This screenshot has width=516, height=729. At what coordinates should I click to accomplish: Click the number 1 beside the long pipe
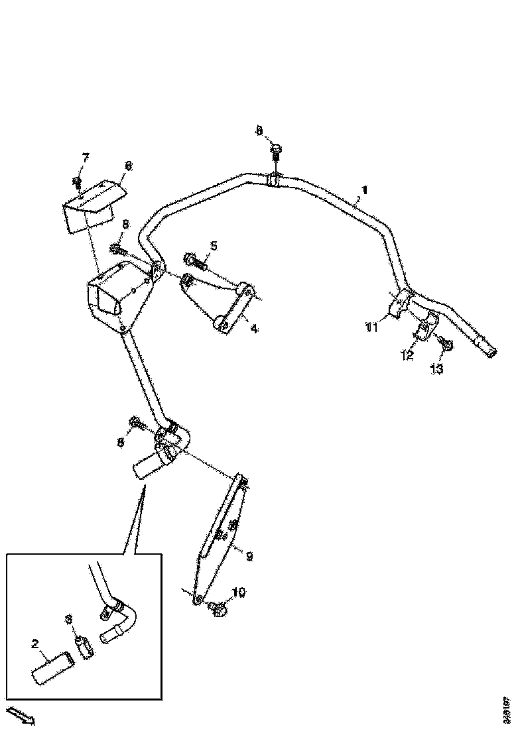362,191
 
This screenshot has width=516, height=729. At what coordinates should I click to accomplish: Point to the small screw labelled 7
78,182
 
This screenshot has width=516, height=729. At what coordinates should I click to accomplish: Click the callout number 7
85,157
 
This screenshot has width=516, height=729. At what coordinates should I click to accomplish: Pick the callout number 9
249,557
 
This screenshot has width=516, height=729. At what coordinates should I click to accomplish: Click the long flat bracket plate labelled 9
219,537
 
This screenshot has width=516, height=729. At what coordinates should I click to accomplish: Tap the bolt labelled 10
217,606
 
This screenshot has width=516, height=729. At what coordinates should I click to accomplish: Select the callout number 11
371,326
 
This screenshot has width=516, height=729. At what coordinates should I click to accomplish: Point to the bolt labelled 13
446,344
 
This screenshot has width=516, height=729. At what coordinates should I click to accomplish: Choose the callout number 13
436,369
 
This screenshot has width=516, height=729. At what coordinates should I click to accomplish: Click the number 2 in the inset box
36,643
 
